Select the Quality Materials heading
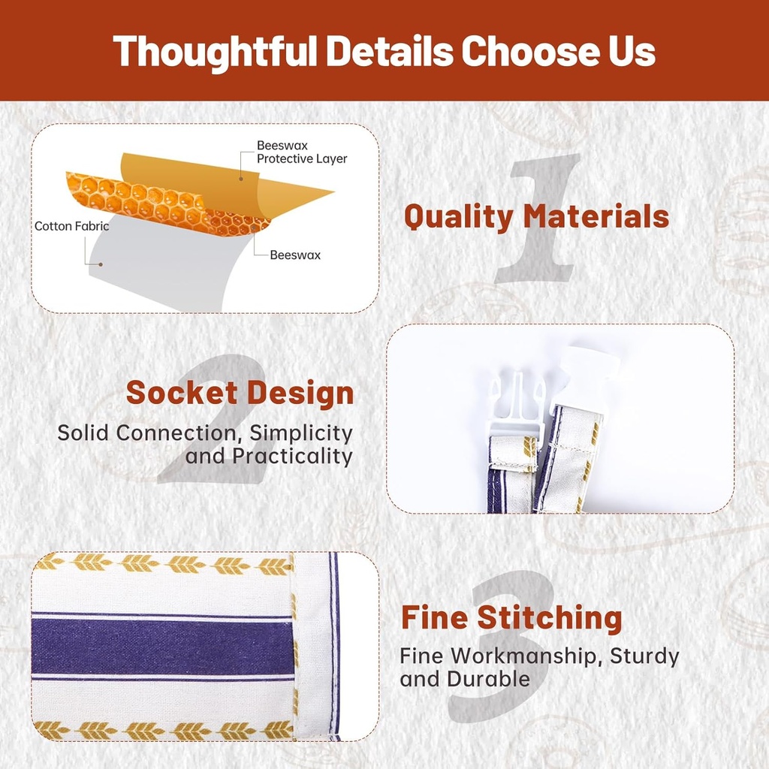pyautogui.click(x=536, y=217)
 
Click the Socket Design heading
pyautogui.click(x=240, y=393)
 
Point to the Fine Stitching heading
pyautogui.click(x=511, y=617)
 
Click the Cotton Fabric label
pyautogui.click(x=71, y=226)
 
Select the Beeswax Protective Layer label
pyautogui.click(x=302, y=152)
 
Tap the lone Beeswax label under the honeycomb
pyautogui.click(x=294, y=255)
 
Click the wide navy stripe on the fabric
pyautogui.click(x=162, y=645)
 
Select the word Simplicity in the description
pyautogui.click(x=301, y=433)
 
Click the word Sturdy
pyautogui.click(x=644, y=656)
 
